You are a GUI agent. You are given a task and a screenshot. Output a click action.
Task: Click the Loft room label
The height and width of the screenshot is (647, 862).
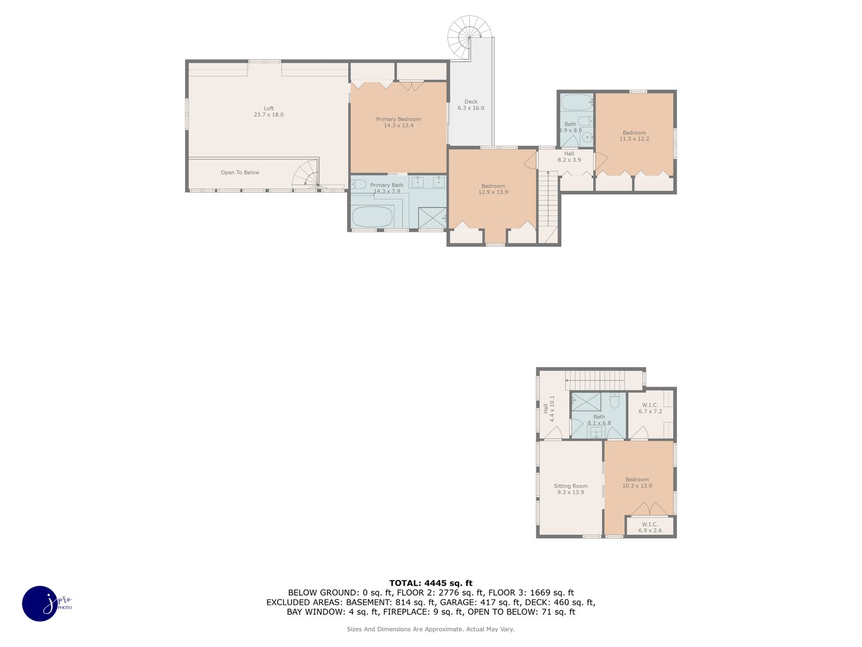[268, 111]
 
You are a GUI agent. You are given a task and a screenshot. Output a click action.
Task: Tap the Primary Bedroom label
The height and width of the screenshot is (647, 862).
[398, 122]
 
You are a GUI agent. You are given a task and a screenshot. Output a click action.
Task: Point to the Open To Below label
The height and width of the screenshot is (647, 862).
[240, 173]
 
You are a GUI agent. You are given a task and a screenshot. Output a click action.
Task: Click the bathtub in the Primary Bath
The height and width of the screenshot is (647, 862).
[372, 217]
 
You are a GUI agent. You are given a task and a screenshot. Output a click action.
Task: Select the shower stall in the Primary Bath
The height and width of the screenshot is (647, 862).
[432, 217]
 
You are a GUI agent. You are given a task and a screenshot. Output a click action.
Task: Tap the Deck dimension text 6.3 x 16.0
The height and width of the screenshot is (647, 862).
[471, 108]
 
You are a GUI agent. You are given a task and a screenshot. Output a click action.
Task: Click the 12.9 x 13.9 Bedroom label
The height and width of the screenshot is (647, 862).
[493, 189]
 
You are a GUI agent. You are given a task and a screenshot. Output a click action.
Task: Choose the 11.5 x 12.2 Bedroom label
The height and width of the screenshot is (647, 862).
[634, 136]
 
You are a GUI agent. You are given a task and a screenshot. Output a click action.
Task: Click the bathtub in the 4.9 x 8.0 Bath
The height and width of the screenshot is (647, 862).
[576, 102]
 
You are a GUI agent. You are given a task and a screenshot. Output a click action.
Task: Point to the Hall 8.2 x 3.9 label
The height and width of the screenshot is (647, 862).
[569, 157]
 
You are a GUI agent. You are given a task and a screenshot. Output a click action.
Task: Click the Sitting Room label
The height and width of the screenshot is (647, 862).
[570, 489]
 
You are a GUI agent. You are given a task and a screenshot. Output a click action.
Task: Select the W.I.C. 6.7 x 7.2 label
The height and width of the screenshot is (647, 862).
[649, 409]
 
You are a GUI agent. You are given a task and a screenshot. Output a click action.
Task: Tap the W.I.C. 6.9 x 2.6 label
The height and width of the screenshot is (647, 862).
[649, 527]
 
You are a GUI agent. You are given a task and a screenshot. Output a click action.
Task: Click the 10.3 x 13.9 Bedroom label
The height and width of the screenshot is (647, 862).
[637, 483]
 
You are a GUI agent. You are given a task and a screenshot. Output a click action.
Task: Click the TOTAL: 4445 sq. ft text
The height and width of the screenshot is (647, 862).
[430, 583]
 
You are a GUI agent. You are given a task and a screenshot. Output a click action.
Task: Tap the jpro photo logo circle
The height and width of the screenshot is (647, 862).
[40, 603]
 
